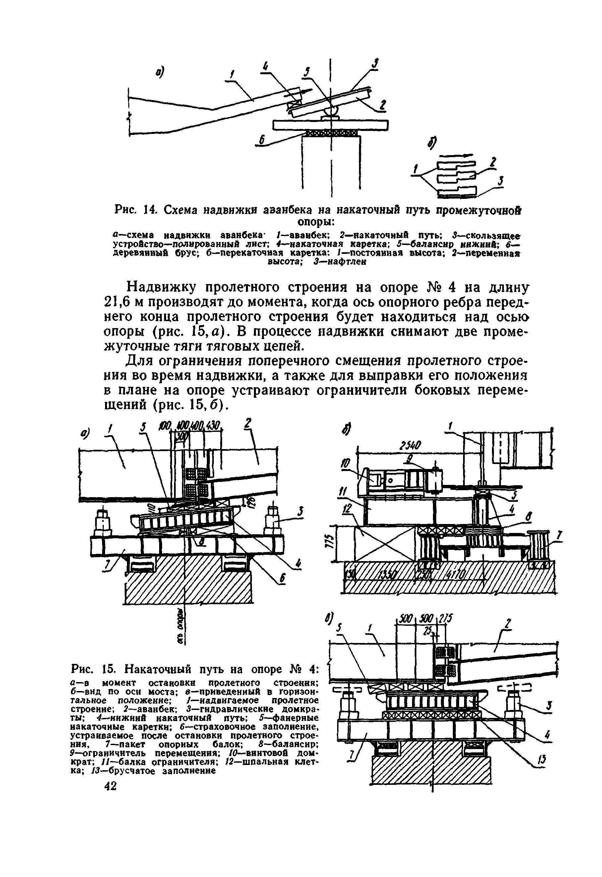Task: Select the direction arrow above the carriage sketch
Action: click(455, 155)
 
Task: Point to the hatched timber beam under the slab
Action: click(331, 133)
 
